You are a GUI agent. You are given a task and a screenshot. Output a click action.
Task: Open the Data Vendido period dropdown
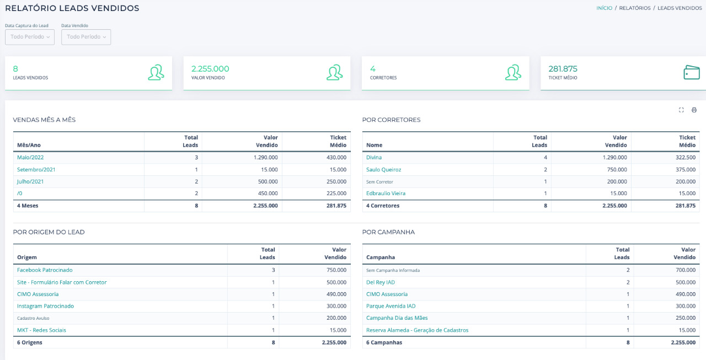[x=85, y=37]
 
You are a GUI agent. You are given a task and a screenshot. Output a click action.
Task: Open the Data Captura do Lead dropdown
[x=30, y=37]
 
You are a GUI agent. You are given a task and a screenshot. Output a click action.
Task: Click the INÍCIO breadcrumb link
[x=604, y=8]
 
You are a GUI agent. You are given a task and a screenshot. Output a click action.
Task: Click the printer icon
[x=694, y=110]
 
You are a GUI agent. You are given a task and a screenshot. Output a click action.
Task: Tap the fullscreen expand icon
[x=681, y=110]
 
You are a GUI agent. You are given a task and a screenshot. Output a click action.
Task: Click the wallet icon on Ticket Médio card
[x=691, y=73]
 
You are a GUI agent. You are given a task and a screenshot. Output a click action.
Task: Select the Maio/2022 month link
[x=30, y=157]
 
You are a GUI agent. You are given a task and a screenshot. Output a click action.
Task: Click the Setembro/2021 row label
[x=36, y=169]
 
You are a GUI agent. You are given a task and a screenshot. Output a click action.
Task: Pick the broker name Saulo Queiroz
[x=383, y=169]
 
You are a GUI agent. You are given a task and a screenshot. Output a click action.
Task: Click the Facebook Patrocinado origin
[x=45, y=270]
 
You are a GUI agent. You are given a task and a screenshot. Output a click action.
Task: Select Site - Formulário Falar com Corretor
[x=62, y=282]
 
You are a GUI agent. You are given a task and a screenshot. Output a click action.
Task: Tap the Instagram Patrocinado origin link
[x=45, y=306]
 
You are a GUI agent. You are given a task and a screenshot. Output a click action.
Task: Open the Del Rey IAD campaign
[x=381, y=282]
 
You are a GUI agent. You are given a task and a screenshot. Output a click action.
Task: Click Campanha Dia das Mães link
[x=397, y=318]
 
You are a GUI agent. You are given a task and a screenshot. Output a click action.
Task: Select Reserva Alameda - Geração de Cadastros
[x=417, y=330]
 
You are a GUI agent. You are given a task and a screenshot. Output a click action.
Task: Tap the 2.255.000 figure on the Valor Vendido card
[x=210, y=69]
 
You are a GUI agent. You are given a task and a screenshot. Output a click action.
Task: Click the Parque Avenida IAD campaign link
[x=391, y=306]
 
